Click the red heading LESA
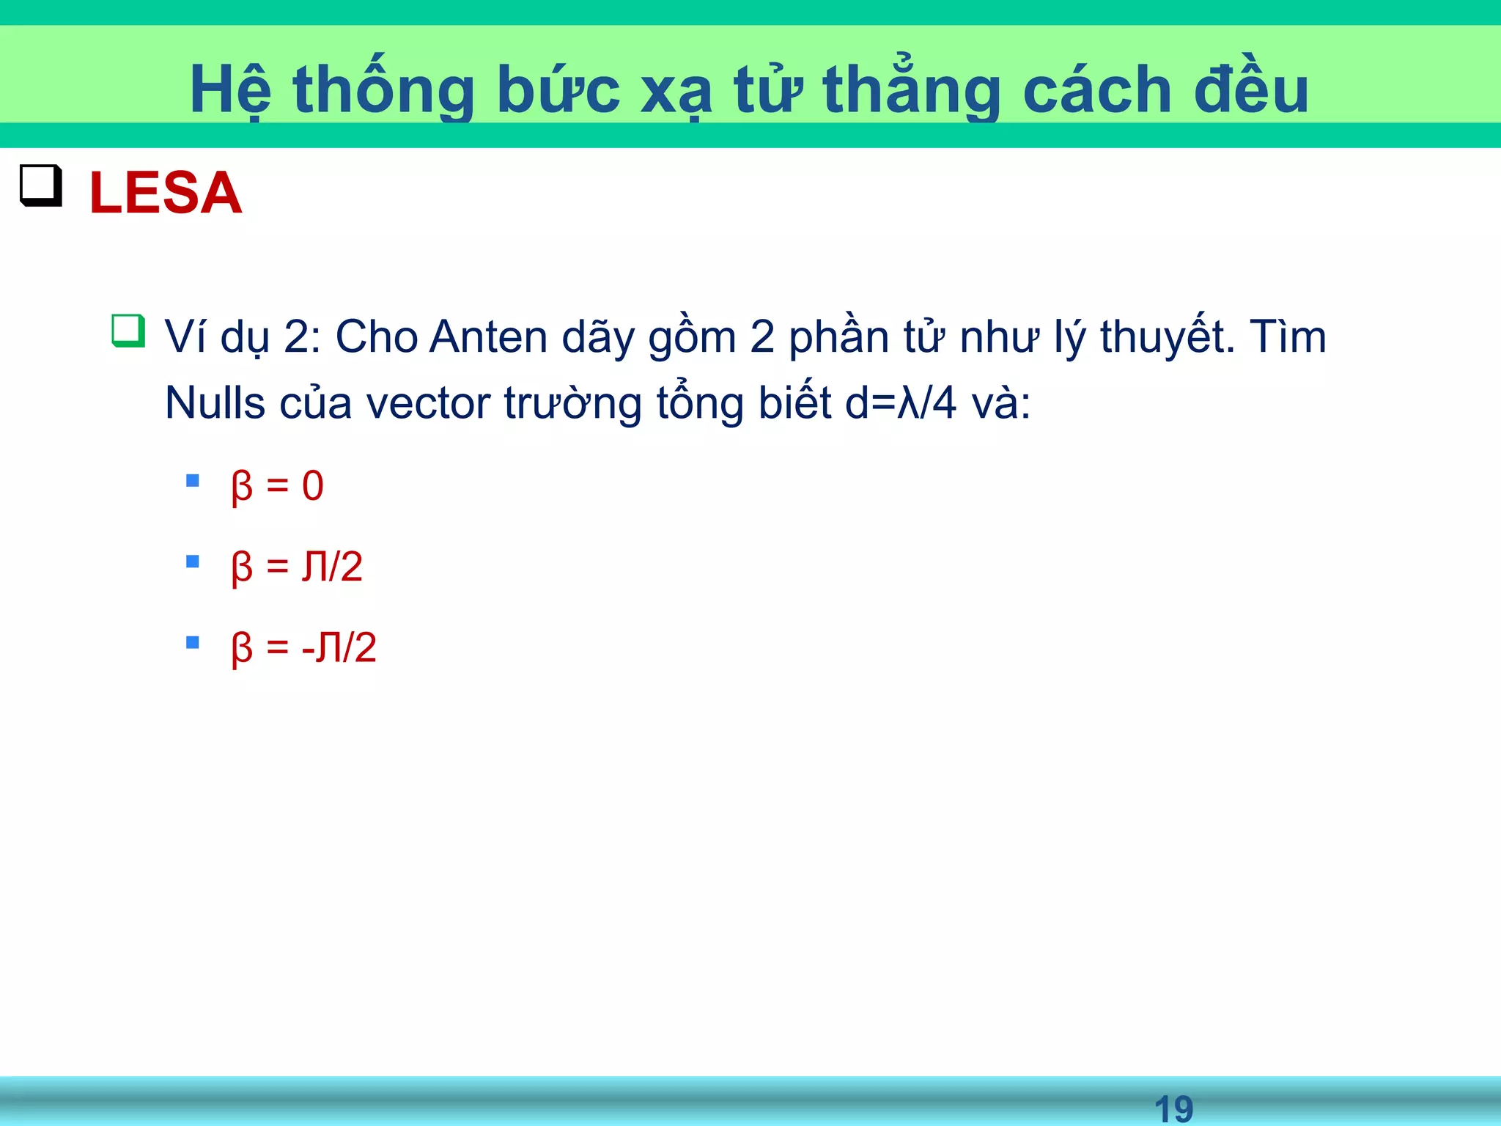point(165,193)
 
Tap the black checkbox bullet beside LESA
point(40,185)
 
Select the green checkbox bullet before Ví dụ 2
point(128,331)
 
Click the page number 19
point(1173,1108)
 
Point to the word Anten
point(488,337)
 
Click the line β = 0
point(277,486)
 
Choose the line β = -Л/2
point(303,647)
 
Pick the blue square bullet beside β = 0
point(193,481)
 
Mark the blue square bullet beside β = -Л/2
point(193,643)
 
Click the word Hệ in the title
point(230,90)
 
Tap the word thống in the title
point(383,90)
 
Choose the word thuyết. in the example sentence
point(1168,337)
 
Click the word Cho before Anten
point(377,337)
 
